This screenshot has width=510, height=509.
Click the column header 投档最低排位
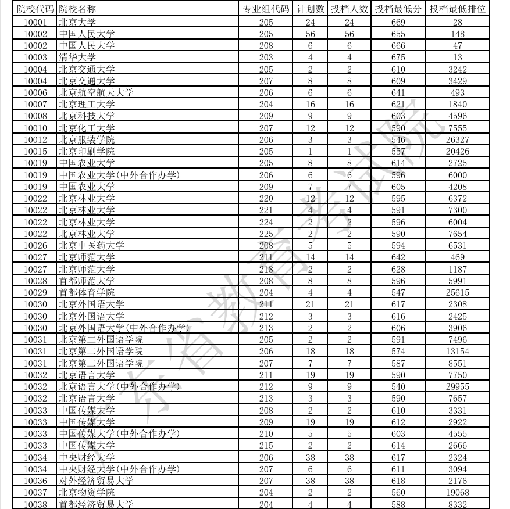point(457,9)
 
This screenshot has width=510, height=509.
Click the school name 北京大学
point(73,22)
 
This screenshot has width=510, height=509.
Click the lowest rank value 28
point(457,22)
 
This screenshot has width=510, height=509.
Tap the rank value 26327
point(457,139)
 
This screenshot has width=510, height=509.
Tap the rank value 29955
point(457,386)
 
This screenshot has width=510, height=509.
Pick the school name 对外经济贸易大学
point(96,481)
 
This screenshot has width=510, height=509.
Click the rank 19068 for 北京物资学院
point(457,492)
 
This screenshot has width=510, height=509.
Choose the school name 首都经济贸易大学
point(96,504)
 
